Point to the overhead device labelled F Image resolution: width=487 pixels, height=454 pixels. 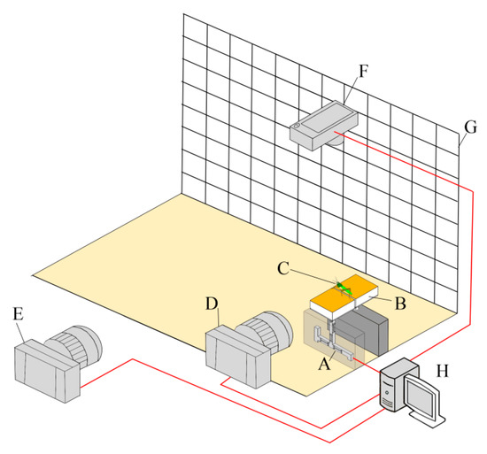click(324, 125)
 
